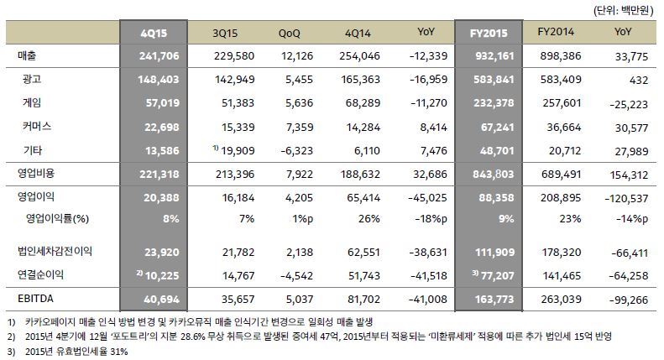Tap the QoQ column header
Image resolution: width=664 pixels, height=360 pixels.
click(x=290, y=33)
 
